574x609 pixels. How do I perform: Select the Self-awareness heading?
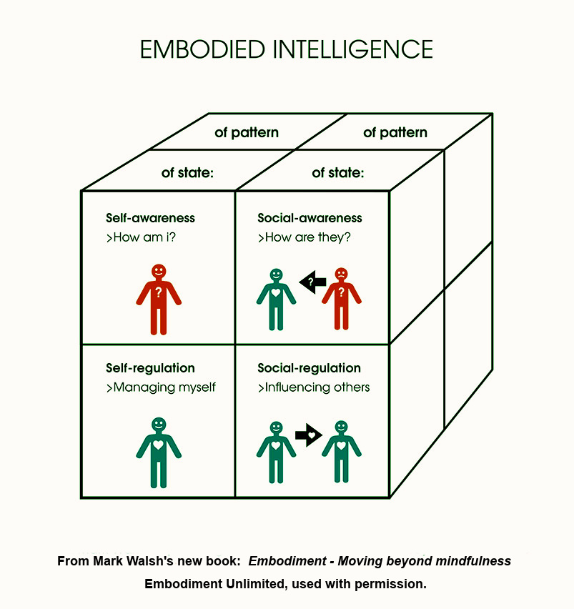coord(150,218)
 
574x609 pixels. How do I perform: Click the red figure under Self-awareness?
coord(159,300)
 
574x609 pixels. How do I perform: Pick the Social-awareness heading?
coord(310,218)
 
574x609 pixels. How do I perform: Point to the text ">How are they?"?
coord(305,237)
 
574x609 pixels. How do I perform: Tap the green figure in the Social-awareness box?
coord(276,300)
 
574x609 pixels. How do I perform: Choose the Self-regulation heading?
coord(150,368)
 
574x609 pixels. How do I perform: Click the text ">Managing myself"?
coord(161,387)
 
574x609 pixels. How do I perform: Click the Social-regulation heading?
coord(309,368)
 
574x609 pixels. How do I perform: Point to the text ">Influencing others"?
coord(314,387)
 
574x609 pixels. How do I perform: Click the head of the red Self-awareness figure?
coord(159,272)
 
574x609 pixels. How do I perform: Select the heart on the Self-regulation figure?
coord(159,445)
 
